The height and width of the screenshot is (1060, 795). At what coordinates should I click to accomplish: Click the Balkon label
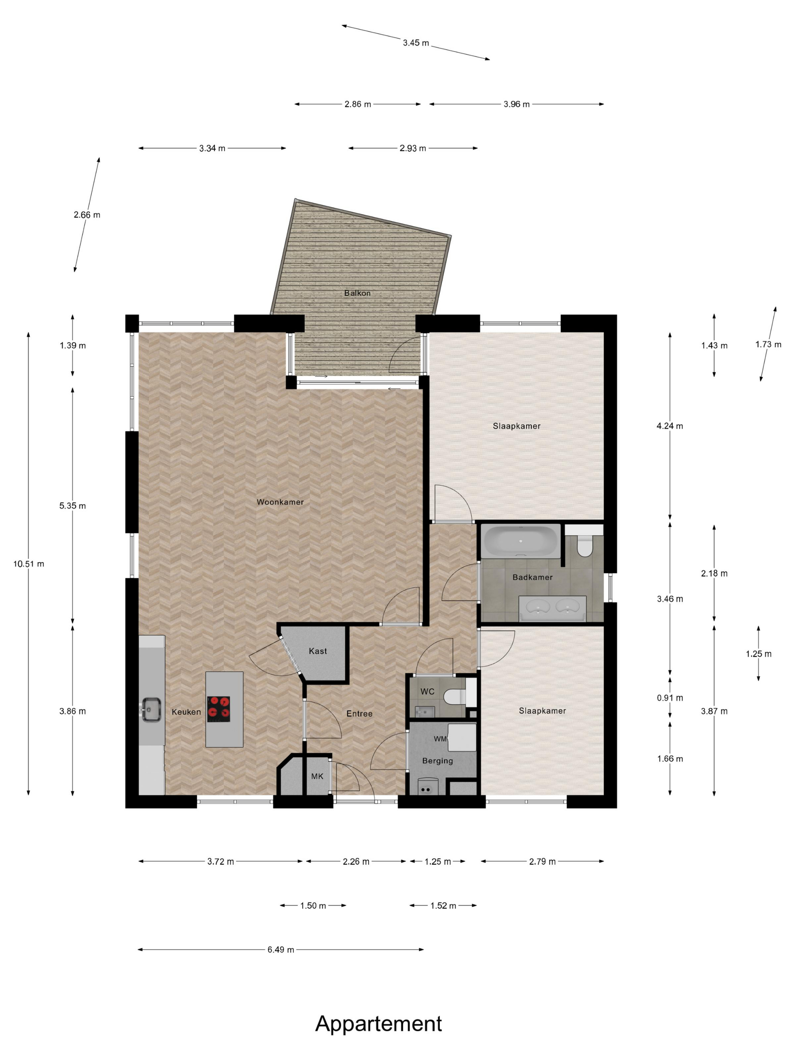tap(357, 293)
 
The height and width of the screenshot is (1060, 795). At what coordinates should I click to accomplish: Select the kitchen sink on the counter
tap(151, 709)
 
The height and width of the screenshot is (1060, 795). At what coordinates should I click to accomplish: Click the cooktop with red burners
tap(218, 709)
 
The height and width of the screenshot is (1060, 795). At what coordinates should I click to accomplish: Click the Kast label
tap(318, 651)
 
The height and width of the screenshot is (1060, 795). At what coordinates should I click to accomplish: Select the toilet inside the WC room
tap(453, 696)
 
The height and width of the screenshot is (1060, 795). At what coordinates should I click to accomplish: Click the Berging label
tap(437, 761)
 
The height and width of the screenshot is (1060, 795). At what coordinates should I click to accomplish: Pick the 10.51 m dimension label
tap(28, 564)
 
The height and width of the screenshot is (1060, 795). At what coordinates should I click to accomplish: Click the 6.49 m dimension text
tap(281, 949)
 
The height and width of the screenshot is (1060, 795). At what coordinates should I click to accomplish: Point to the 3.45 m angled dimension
tap(415, 43)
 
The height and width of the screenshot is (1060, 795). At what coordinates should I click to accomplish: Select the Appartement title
tap(378, 1023)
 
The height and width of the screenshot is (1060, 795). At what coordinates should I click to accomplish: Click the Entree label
tap(359, 714)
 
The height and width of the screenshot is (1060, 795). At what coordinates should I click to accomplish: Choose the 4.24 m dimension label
tap(669, 426)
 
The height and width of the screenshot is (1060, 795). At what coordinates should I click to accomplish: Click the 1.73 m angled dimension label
tap(768, 344)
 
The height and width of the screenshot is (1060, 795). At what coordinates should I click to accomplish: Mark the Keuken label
tap(186, 712)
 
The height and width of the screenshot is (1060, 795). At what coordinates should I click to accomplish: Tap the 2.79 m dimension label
tap(542, 861)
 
